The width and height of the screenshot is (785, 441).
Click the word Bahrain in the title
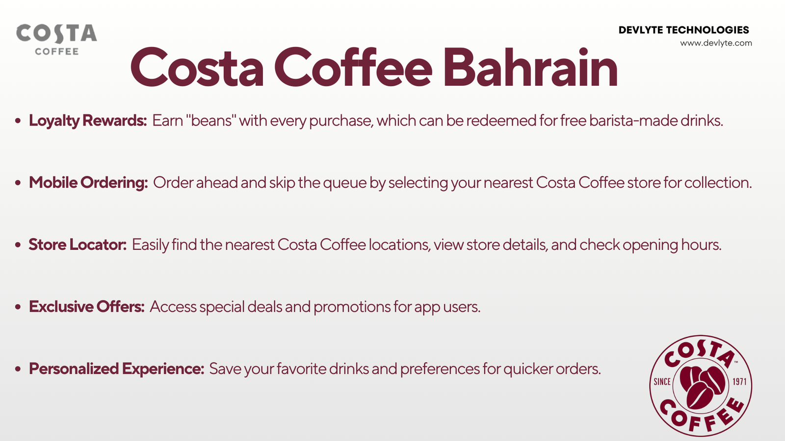coord(530,67)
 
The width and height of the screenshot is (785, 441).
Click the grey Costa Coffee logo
coord(56,39)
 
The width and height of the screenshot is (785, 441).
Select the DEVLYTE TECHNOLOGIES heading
coord(684,30)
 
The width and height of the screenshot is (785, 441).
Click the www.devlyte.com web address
coord(716,43)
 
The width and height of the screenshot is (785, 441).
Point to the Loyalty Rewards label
coord(88,121)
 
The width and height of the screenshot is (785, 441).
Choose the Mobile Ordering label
coord(88,183)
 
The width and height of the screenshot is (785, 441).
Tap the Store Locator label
coord(78,245)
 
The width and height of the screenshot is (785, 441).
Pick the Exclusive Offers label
coord(86,307)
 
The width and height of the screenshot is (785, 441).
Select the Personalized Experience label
coord(116,369)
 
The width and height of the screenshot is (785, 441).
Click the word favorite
coord(301,369)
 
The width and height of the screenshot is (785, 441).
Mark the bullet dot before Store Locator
coord(18,245)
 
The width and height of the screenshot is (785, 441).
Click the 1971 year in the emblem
coord(740,382)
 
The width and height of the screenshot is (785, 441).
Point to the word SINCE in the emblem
coord(662,382)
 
